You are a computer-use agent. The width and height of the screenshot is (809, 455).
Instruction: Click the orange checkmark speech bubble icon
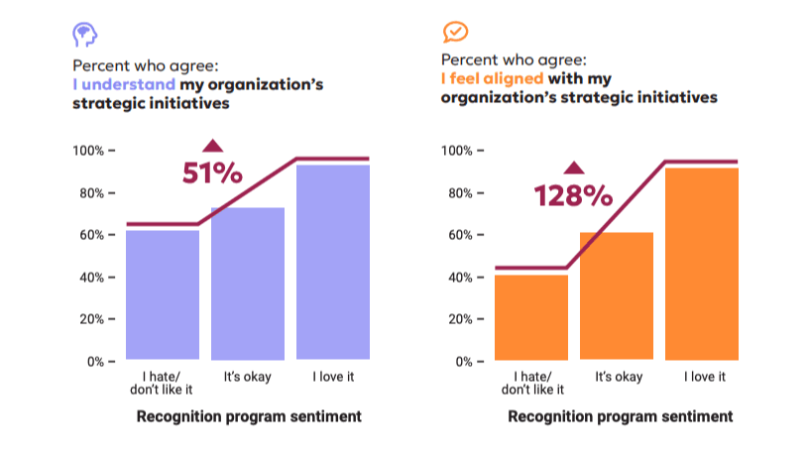(455, 33)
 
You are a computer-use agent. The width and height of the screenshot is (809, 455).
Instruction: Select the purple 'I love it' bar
(333, 262)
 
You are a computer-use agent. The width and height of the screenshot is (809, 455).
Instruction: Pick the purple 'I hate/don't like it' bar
(163, 294)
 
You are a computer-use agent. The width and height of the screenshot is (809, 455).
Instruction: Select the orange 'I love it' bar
(702, 264)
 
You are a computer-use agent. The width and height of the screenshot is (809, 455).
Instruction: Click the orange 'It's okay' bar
(617, 296)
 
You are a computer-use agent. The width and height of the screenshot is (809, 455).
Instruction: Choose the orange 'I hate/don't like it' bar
(531, 317)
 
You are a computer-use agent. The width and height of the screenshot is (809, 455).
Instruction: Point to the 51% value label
(212, 173)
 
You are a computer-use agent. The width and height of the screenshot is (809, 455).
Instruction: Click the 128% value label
(573, 195)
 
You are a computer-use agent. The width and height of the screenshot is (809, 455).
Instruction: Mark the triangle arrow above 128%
(573, 168)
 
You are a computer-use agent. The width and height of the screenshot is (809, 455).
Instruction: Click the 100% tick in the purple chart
(91, 151)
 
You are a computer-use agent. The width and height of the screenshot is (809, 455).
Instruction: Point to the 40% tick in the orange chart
(460, 278)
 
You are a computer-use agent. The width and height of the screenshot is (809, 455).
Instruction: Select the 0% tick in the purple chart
(96, 362)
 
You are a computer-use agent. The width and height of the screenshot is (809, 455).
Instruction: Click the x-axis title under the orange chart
(620, 416)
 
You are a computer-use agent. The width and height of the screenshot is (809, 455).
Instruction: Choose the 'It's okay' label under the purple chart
(248, 377)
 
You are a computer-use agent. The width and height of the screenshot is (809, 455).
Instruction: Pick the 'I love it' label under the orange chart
(702, 377)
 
